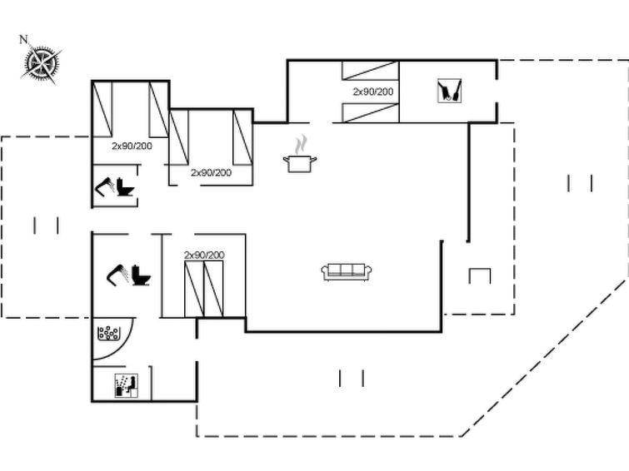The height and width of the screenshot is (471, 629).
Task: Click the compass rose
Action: (42, 64)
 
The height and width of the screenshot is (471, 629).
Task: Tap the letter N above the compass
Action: (23, 39)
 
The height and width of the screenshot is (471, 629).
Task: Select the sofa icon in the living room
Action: (347, 272)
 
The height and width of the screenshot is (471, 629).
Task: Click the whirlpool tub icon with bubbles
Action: (108, 333)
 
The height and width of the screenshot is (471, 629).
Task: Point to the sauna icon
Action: (127, 385)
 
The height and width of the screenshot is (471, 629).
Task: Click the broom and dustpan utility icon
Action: (449, 91)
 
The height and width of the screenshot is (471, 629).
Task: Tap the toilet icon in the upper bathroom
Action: (125, 187)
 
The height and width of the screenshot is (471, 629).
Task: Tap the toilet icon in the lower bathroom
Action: (141, 275)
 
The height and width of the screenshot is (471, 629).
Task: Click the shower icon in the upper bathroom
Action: (104, 187)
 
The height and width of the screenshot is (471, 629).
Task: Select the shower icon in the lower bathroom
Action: (117, 275)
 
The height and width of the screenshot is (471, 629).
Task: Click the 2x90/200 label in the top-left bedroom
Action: (132, 146)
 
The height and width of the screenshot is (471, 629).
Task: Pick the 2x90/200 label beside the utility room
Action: (373, 92)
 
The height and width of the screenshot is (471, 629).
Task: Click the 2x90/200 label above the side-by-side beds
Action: (204, 255)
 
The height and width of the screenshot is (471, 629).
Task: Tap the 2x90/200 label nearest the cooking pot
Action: (211, 173)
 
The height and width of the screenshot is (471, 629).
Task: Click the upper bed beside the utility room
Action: (370, 71)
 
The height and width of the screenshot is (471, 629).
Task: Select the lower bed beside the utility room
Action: (370, 112)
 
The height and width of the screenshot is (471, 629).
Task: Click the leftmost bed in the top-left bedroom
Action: (102, 109)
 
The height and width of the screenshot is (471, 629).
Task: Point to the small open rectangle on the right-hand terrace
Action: (480, 276)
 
